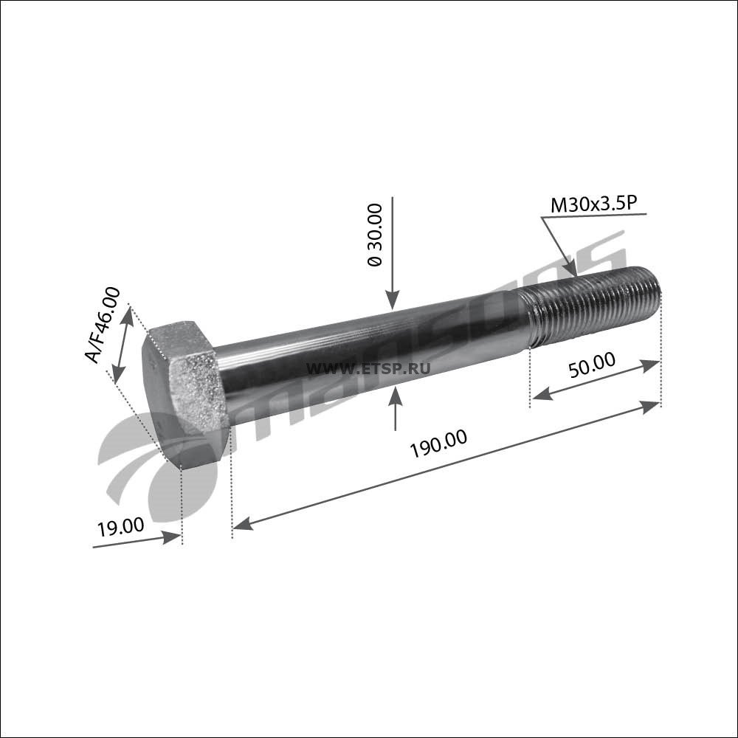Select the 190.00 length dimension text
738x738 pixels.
439,444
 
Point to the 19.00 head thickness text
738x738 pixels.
120,526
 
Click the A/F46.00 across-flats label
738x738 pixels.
103,325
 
